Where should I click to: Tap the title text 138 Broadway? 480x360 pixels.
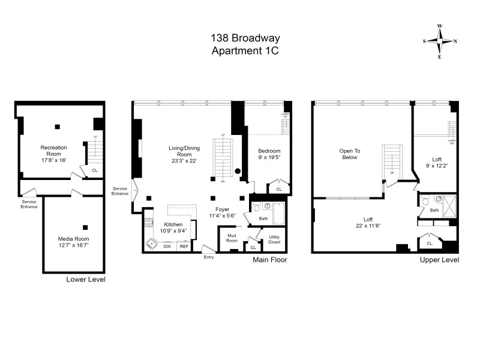[245, 38]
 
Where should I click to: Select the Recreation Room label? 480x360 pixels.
[53, 148]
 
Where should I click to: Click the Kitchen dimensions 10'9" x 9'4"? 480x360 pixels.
[173, 231]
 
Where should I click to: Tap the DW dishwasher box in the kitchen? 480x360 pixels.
[167, 247]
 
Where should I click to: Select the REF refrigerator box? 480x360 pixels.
[184, 247]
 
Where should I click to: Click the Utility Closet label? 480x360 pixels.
[274, 239]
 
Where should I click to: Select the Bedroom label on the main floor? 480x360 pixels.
[269, 151]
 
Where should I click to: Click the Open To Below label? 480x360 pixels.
[349, 154]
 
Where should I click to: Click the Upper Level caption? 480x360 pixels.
[440, 260]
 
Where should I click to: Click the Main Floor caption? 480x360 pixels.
[269, 260]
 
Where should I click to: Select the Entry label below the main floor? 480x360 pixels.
[208, 257]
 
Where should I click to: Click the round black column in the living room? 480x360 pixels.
[238, 171]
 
